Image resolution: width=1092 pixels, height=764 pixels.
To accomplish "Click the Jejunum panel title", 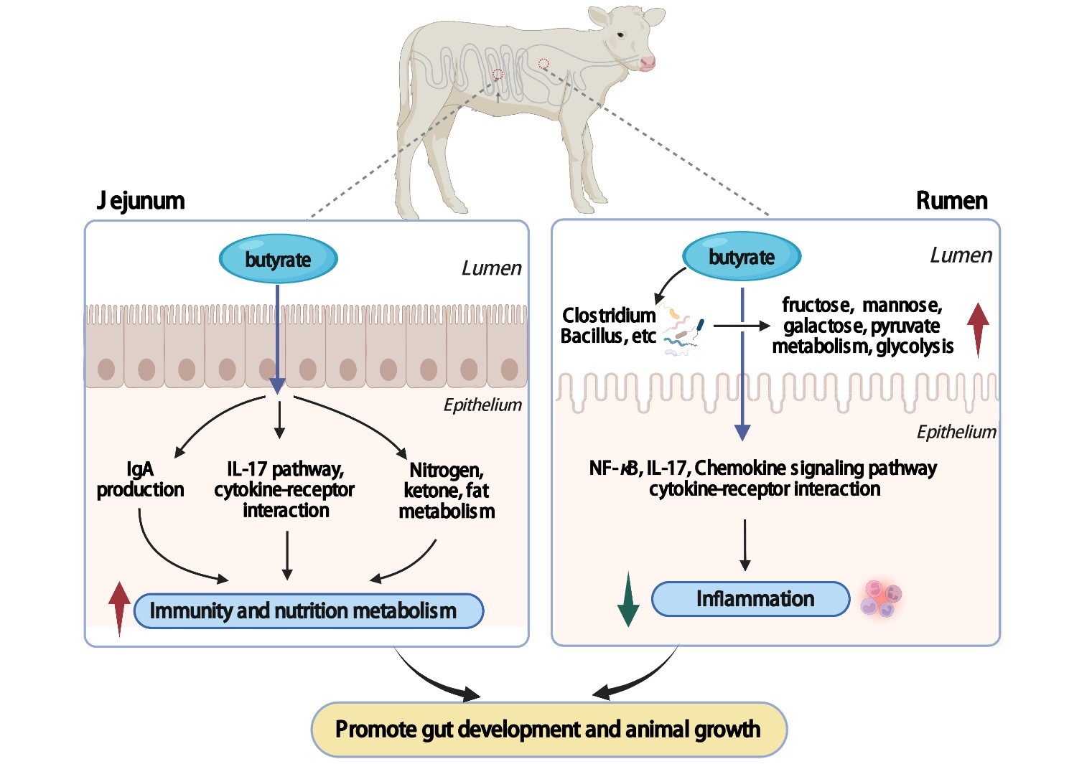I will (x=141, y=201).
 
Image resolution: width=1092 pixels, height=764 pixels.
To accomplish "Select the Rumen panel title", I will (x=951, y=201).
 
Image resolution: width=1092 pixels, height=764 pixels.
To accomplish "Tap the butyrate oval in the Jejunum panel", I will (x=278, y=259).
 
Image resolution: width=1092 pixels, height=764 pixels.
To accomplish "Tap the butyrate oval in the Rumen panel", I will (x=742, y=257).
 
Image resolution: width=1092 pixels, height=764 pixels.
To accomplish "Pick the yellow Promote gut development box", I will (x=549, y=730).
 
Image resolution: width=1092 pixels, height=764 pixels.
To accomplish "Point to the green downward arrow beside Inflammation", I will (x=628, y=600).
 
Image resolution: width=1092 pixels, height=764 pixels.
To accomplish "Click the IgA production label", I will (x=140, y=480).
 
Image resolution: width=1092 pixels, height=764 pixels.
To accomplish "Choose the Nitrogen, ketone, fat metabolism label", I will (x=447, y=491).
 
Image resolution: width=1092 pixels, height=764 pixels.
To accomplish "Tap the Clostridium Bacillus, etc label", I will (x=609, y=326).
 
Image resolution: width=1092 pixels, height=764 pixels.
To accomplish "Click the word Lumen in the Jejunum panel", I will (x=491, y=268).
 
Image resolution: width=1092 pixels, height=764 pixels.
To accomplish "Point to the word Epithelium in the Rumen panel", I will (x=956, y=432).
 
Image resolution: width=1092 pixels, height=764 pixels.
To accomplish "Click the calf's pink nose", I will (x=648, y=63).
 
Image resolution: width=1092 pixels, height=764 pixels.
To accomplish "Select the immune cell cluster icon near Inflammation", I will (x=882, y=599).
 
